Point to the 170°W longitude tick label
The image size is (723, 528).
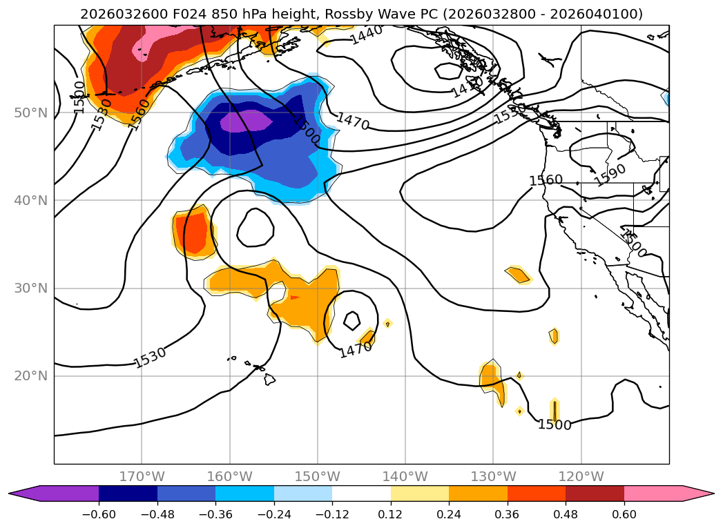(142, 476)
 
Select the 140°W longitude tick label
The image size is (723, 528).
(405, 476)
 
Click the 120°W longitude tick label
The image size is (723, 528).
(581, 476)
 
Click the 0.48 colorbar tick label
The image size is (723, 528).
(566, 515)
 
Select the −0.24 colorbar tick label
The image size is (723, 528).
(274, 515)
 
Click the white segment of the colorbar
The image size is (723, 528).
(361, 493)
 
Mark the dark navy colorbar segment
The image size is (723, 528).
(128, 493)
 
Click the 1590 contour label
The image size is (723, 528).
(610, 175)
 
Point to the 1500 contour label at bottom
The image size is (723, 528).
(555, 425)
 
